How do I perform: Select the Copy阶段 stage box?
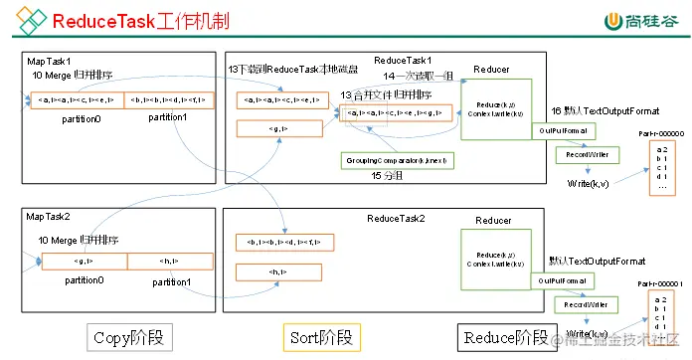[127, 336]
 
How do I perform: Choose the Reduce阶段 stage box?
[502, 336]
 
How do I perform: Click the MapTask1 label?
[50, 61]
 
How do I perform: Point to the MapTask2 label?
[50, 216]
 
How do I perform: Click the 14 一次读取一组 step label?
[422, 76]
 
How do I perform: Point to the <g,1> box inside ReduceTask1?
[279, 127]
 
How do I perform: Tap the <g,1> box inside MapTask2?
[84, 261]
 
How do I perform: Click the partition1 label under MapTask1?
[170, 117]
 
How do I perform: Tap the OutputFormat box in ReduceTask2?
[562, 282]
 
